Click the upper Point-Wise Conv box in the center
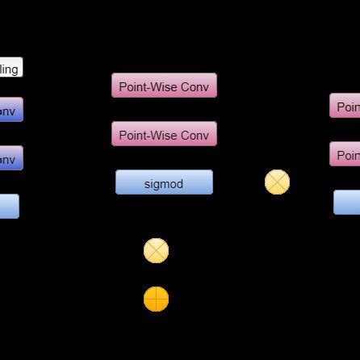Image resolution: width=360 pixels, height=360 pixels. coord(164,86)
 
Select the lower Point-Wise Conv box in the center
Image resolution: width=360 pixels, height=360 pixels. coord(164,134)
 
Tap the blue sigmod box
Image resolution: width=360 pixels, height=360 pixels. coord(164,182)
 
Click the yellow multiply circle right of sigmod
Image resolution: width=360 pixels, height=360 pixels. coord(277,182)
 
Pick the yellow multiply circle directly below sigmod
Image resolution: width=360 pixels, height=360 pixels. coord(156,251)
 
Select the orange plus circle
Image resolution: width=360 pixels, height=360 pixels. coord(156,299)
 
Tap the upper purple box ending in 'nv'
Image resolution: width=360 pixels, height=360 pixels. coord(10,110)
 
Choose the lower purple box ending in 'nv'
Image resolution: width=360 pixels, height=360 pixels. coord(10,158)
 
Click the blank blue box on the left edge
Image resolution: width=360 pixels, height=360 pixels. coord(9,207)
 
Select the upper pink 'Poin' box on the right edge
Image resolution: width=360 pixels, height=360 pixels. coord(345,106)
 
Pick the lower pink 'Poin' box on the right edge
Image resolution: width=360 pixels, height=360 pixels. coord(345,154)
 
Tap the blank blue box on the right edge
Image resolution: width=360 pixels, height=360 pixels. coord(346,202)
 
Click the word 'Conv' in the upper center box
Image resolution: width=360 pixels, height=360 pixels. coord(194,86)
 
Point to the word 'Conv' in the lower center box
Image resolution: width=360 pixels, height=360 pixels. coord(194,135)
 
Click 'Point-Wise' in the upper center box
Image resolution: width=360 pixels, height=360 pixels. coord(148,86)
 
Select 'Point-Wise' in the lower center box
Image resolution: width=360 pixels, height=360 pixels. coord(148,135)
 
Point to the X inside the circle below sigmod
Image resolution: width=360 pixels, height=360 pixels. coord(156,251)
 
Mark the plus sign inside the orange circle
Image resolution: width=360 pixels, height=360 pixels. coord(156,299)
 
